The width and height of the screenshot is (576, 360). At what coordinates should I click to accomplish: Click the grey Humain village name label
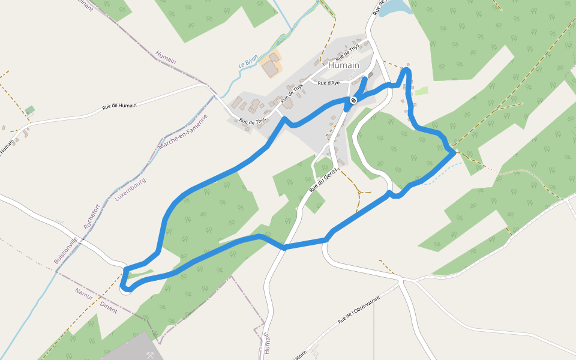tap(344, 65)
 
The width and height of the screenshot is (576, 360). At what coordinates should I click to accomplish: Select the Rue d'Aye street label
tap(328, 83)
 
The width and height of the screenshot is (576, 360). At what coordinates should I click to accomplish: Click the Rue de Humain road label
tap(119, 106)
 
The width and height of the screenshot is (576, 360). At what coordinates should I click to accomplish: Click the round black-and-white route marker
tap(353, 100)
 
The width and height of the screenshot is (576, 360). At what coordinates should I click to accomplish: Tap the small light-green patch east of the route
tap(422, 91)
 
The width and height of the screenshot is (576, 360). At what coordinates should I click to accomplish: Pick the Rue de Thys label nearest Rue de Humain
tap(253, 121)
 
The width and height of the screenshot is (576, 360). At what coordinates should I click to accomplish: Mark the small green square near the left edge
tap(30, 110)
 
